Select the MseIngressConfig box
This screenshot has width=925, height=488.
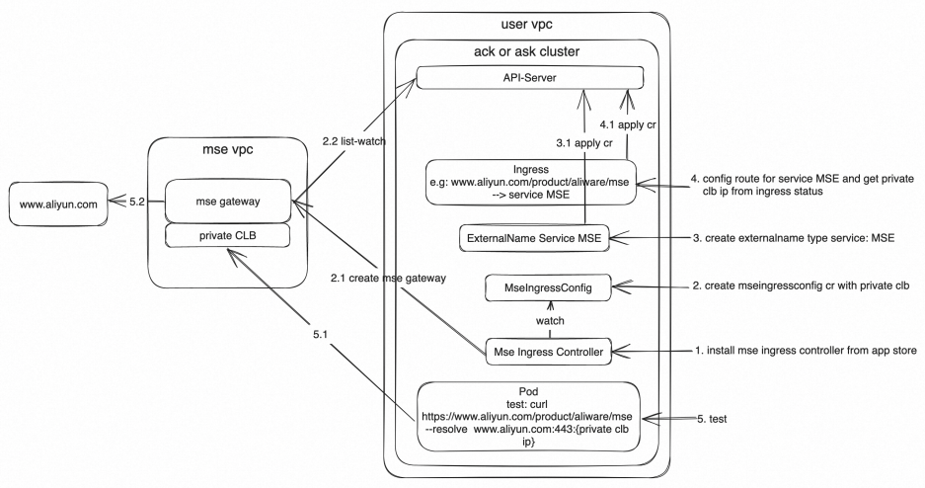pyautogui.click(x=546, y=287)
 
